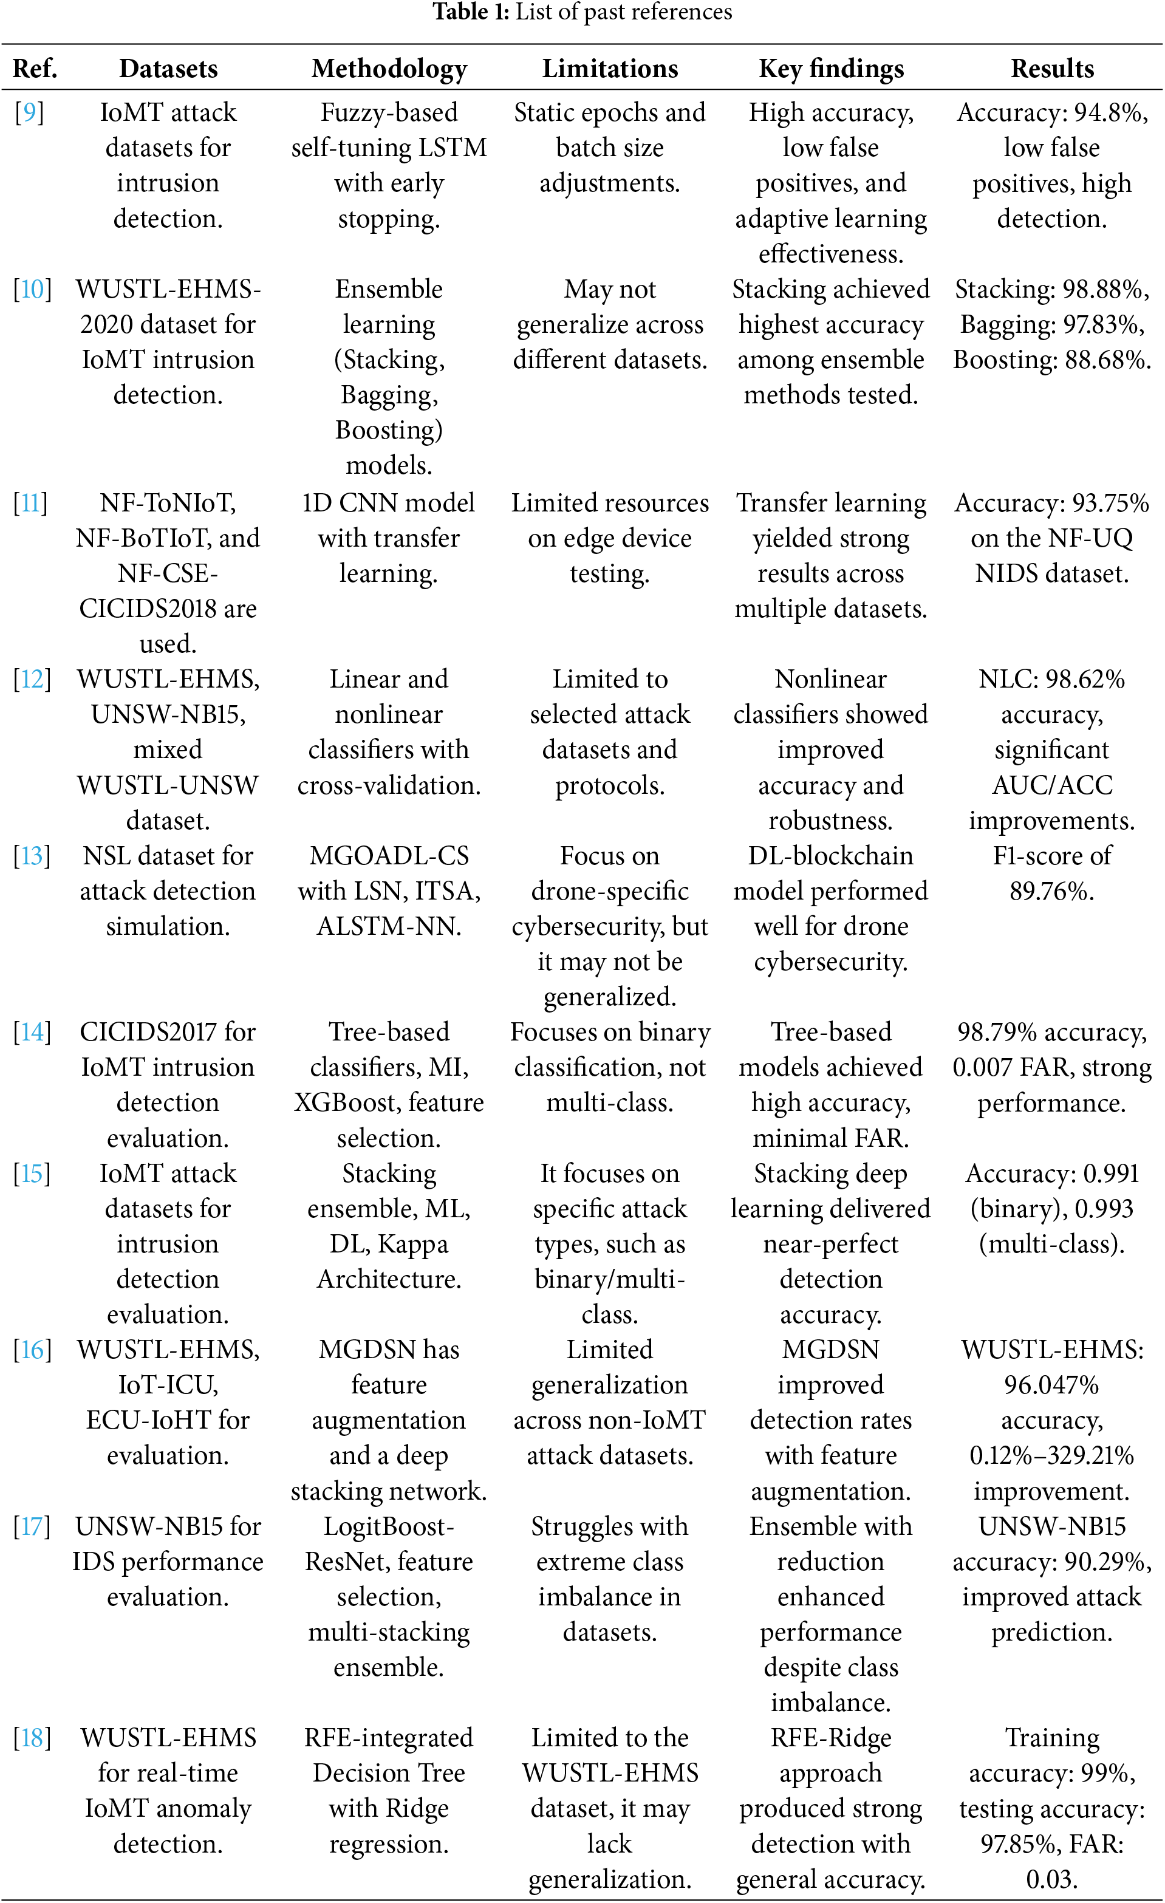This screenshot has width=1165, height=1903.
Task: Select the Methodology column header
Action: tap(389, 69)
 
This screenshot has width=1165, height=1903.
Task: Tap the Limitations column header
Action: tap(610, 69)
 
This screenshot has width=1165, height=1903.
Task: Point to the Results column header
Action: tap(1051, 69)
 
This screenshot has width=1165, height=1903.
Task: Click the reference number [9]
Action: tap(29, 113)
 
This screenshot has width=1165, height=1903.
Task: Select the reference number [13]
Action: tap(32, 856)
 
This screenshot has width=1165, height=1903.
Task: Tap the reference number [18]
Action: tap(32, 1738)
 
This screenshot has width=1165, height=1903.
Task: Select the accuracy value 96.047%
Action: tap(1051, 1385)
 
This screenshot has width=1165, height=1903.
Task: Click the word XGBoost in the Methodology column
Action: tap(347, 1103)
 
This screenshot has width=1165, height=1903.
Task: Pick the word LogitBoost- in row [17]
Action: tap(389, 1527)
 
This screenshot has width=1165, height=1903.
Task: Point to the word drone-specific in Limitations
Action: tap(610, 891)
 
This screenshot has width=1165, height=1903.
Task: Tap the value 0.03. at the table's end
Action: tap(1051, 1879)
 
